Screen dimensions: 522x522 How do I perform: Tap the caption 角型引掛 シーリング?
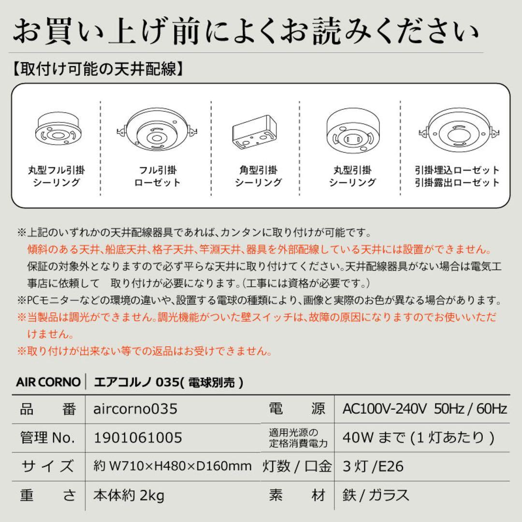(x=258, y=176)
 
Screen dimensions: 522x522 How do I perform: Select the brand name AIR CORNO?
(x=48, y=382)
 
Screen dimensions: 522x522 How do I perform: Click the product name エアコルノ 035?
(x=164, y=382)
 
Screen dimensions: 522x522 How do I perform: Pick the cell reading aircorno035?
(x=135, y=409)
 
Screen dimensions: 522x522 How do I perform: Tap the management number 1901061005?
(x=137, y=437)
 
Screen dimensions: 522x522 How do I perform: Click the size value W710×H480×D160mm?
(x=172, y=466)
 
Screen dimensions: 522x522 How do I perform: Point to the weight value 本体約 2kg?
(x=129, y=495)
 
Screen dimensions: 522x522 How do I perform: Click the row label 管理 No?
(x=48, y=437)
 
